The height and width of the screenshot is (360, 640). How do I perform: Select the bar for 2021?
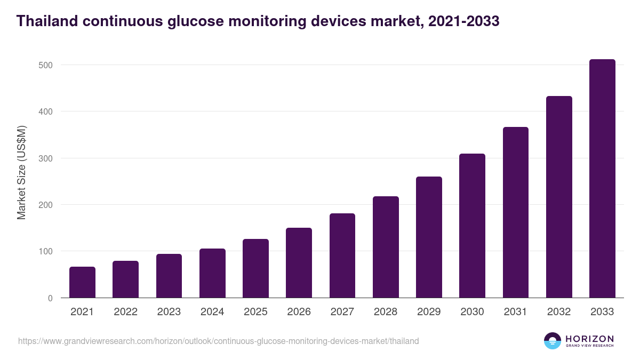(82, 282)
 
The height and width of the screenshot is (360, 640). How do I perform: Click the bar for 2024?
(212, 273)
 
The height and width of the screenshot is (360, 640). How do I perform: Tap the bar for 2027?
(342, 255)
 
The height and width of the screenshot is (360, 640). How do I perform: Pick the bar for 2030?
(472, 226)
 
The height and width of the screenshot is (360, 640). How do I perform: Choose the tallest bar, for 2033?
(602, 179)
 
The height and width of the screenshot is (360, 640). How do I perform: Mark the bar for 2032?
(559, 197)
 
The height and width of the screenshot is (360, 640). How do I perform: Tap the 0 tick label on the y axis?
(50, 298)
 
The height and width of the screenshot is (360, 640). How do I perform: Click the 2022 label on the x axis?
(125, 312)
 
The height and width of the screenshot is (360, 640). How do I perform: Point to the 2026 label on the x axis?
(299, 312)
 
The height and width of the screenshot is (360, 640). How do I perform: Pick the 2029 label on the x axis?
(429, 312)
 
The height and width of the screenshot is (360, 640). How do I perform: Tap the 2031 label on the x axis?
(515, 312)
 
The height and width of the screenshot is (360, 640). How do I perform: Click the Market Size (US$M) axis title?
(21, 172)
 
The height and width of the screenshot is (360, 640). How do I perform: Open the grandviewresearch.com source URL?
(218, 341)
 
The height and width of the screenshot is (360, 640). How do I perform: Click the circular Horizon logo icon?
(553, 341)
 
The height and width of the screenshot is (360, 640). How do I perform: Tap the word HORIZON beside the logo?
(589, 338)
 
